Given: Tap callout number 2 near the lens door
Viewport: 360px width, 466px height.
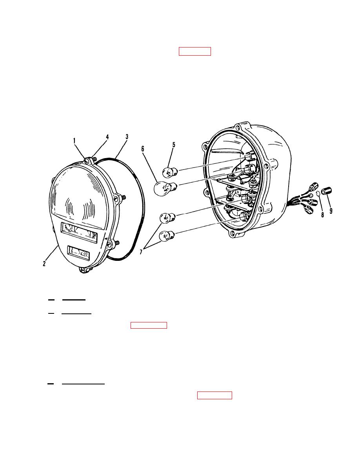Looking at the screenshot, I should tap(45, 264).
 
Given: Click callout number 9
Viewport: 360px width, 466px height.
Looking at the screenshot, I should tap(331, 211).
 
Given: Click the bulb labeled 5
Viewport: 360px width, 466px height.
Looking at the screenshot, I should tap(169, 171).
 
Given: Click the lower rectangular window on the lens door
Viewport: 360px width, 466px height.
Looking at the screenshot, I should tap(78, 254).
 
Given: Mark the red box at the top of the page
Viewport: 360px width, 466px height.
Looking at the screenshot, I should tap(195, 51).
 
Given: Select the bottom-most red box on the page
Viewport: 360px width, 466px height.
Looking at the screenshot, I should tap(215, 395).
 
